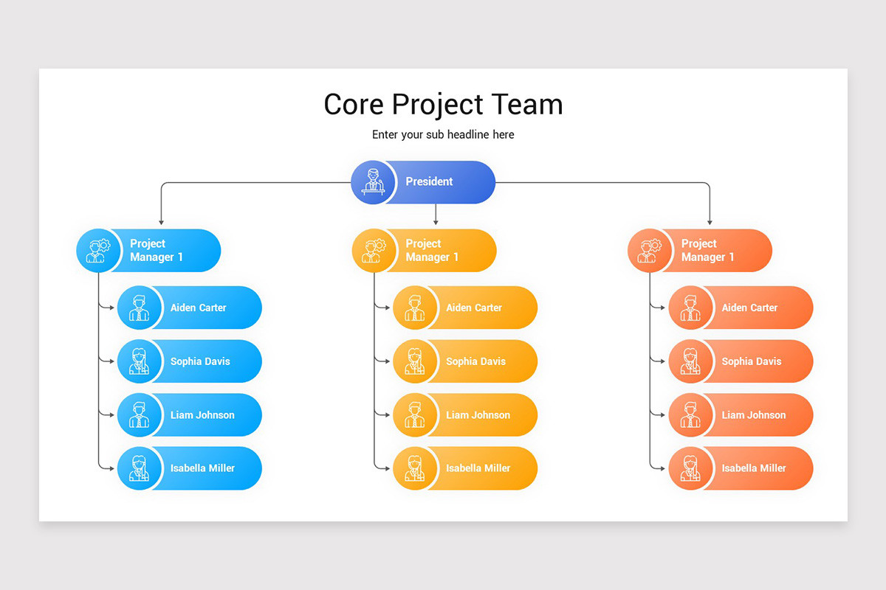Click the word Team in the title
pos(526,104)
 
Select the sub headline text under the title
pos(443,134)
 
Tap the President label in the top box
pos(429,181)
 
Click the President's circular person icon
pos(373,182)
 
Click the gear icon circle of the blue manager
pos(97,250)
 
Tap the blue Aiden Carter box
pos(199,308)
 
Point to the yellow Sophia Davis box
pos(475,361)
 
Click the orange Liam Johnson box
pos(753,415)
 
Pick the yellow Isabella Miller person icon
pos(414,468)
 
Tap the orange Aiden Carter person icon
pos(690,308)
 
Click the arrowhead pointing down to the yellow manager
pos(436,221)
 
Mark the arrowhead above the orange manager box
pos(710,221)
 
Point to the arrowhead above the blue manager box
pos(161,221)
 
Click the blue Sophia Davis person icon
pos(139,361)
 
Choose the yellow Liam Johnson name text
pos(478,415)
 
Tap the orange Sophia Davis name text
pos(752,361)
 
